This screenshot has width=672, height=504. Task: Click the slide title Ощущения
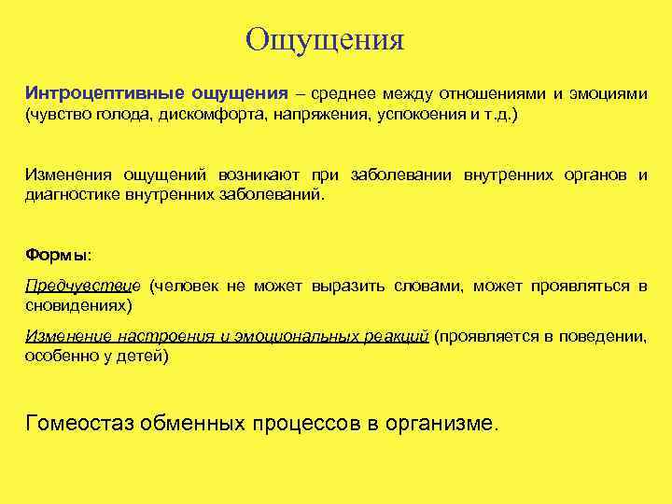[325, 39]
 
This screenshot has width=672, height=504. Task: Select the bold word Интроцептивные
[105, 94]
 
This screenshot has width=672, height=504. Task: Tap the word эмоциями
[606, 94]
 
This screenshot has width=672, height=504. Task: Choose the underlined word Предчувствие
[82, 285]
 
